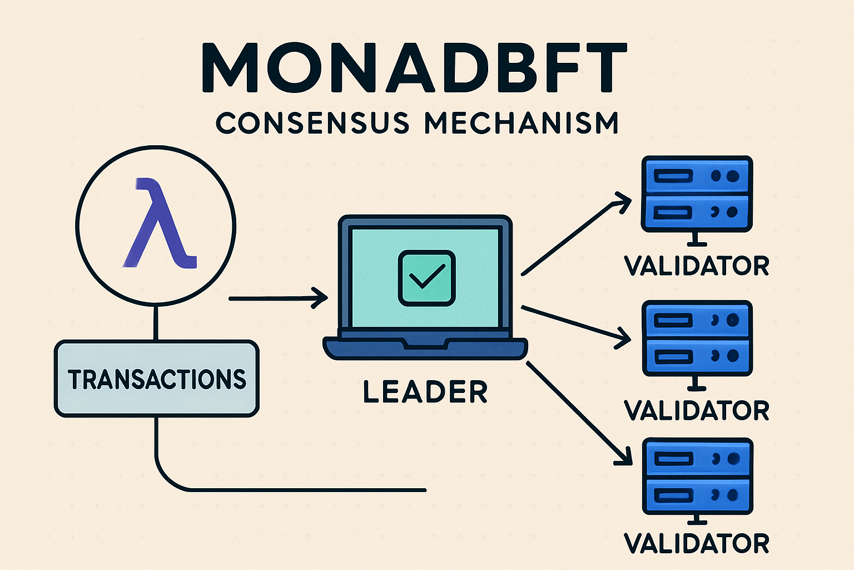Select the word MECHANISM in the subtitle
(522, 122)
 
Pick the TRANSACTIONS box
(157, 379)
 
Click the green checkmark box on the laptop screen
(426, 277)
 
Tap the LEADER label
(425, 392)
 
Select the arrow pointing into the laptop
(278, 298)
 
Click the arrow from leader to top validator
(575, 234)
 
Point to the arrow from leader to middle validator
(575, 323)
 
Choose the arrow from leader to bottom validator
(578, 412)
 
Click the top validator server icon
(697, 194)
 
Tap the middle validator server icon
(697, 338)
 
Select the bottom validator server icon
(697, 476)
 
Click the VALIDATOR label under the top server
(697, 266)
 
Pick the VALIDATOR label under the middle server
(697, 411)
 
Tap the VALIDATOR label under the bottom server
(697, 543)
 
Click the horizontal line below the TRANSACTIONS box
(306, 490)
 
